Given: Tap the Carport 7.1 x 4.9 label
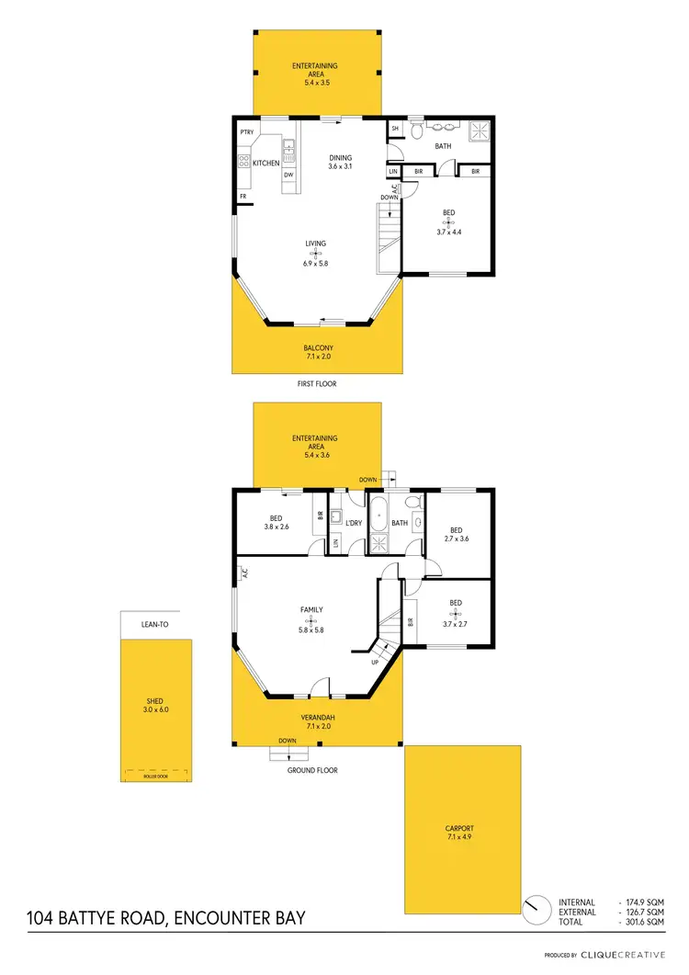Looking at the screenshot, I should point(463,833).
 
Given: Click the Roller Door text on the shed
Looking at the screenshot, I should point(157,777).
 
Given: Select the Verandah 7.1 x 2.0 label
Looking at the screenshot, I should point(317,721).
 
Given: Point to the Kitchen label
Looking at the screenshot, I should point(265,163).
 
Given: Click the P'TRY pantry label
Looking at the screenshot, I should point(246,133).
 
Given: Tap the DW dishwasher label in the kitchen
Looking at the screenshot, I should point(288,175).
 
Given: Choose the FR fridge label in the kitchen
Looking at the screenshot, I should point(243,197).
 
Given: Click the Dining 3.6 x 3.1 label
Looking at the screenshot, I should point(341,162).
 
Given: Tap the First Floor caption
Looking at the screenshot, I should point(317,384).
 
